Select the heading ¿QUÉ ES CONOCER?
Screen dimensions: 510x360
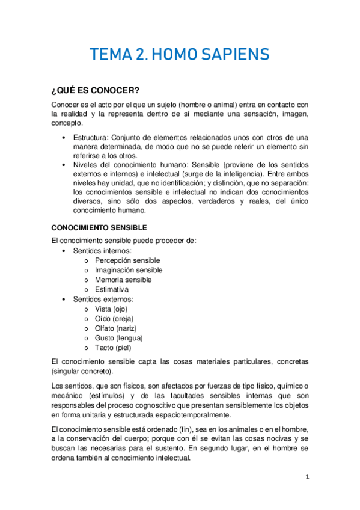pyautogui.click(x=95, y=91)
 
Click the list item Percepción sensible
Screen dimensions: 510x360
pyautogui.click(x=127, y=260)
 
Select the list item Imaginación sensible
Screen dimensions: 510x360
pyautogui.click(x=129, y=270)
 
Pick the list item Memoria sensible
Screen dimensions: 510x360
pyautogui.click(x=123, y=280)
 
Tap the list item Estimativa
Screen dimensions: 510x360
pyautogui.click(x=112, y=289)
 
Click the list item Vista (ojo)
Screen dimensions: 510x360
pyautogui.click(x=111, y=309)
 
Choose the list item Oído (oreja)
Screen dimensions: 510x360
pyautogui.click(x=114, y=318)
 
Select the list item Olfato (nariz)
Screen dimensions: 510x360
pyautogui.click(x=116, y=328)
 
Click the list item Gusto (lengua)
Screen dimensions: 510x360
pyautogui.click(x=119, y=337)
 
